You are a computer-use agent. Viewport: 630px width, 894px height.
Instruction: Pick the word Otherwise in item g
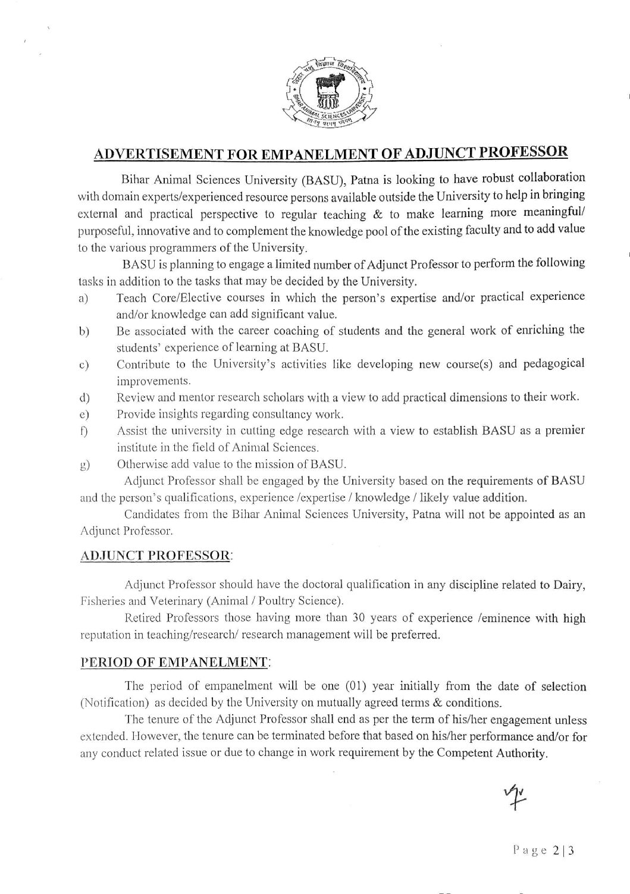click(141, 464)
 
